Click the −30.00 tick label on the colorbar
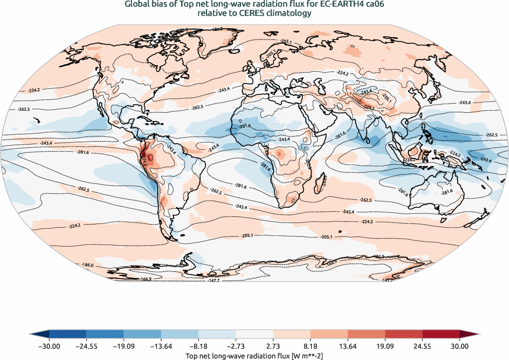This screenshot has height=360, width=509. point(49,346)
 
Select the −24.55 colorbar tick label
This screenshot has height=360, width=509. point(86,346)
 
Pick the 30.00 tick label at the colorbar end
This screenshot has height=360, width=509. point(460,346)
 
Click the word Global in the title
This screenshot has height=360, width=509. point(136,5)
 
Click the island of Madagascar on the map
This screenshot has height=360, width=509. point(323,181)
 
